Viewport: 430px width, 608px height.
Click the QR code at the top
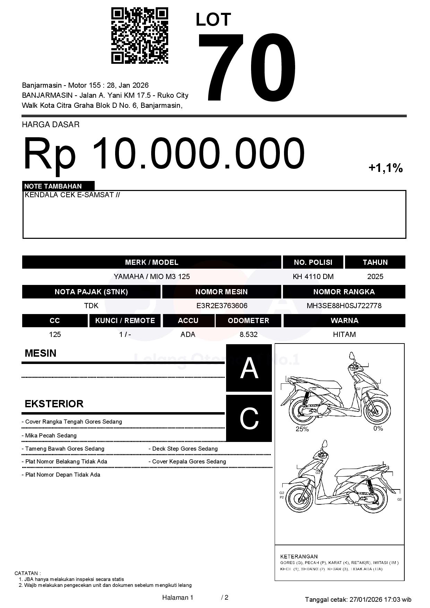coord(139,36)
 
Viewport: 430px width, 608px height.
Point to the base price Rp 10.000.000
coord(164,153)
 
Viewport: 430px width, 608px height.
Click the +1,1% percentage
coord(385,168)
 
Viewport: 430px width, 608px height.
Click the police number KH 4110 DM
coord(313,277)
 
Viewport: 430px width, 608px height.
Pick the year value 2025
coord(375,277)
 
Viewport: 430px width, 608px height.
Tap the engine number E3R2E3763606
coord(222,306)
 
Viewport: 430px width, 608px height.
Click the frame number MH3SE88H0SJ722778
coord(344,306)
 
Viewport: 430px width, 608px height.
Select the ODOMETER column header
coord(248,321)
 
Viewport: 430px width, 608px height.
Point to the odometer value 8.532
coord(248,335)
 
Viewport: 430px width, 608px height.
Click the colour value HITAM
coord(344,335)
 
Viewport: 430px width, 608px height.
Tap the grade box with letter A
coord(249,368)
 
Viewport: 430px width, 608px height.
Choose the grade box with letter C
coord(249,418)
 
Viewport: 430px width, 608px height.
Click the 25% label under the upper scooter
coord(302,429)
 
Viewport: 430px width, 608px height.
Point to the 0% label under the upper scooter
coord(378,428)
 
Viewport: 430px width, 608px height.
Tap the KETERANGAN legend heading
coord(299,556)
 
